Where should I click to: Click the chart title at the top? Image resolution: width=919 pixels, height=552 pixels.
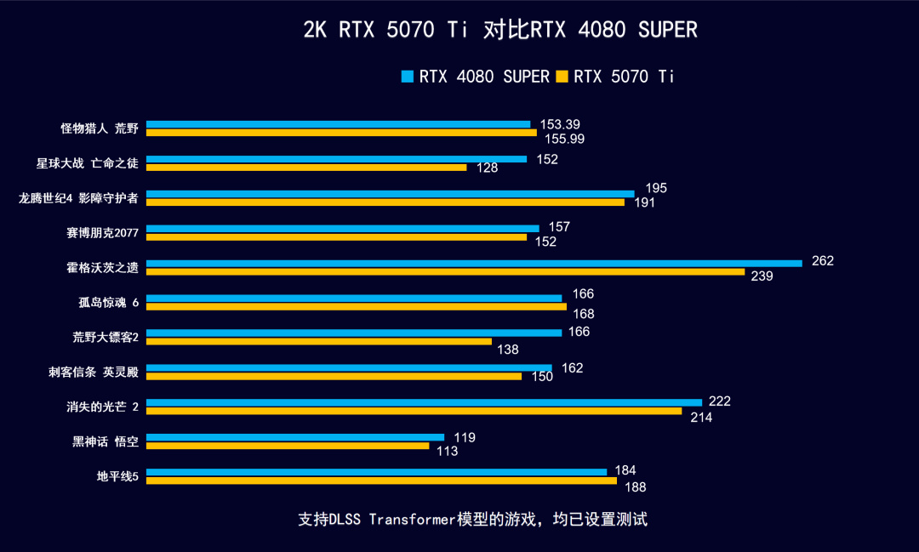(x=499, y=31)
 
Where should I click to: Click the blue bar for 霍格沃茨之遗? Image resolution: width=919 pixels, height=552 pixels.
(x=474, y=264)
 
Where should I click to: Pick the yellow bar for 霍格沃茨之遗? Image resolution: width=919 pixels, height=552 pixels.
(x=445, y=272)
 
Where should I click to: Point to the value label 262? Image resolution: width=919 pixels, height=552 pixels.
(x=823, y=261)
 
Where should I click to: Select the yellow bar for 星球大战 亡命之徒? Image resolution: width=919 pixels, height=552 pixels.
(x=306, y=168)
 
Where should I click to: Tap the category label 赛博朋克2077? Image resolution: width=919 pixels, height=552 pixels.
(x=102, y=232)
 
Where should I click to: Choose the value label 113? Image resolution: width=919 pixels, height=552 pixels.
(x=447, y=452)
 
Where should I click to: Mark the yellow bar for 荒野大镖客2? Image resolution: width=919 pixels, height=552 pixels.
(x=319, y=341)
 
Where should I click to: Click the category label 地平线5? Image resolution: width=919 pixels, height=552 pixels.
(x=117, y=476)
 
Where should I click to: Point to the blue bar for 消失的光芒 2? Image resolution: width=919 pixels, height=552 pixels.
(x=424, y=402)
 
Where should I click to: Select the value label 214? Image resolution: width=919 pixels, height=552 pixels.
(x=701, y=417)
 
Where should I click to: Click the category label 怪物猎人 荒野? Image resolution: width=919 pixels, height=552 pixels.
(x=99, y=128)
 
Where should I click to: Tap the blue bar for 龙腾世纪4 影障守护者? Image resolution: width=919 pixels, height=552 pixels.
(x=391, y=194)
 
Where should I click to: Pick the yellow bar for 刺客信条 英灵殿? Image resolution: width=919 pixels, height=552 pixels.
(x=334, y=376)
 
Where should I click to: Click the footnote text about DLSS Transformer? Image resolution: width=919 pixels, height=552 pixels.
(x=473, y=519)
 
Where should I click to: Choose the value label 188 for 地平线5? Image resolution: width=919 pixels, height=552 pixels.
(x=635, y=487)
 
